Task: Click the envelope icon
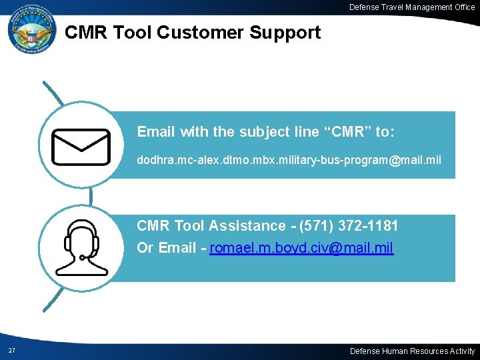click(x=81, y=147)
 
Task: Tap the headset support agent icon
click(x=81, y=247)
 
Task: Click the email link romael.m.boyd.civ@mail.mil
click(x=301, y=248)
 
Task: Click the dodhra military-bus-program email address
click(x=289, y=161)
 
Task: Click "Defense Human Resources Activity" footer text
click(x=412, y=351)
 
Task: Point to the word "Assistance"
click(x=247, y=226)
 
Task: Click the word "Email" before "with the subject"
click(x=156, y=132)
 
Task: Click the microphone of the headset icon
click(x=81, y=257)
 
